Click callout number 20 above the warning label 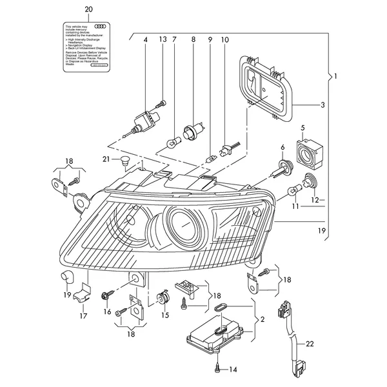(88, 10)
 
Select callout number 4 (146, 40)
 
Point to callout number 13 (163, 40)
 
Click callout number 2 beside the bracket (262, 318)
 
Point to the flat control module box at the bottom (214, 333)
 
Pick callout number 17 (83, 316)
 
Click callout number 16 (108, 311)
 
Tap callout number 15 (165, 315)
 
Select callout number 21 (106, 159)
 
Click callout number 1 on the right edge (335, 77)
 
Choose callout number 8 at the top (193, 40)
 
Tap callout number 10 (225, 40)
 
